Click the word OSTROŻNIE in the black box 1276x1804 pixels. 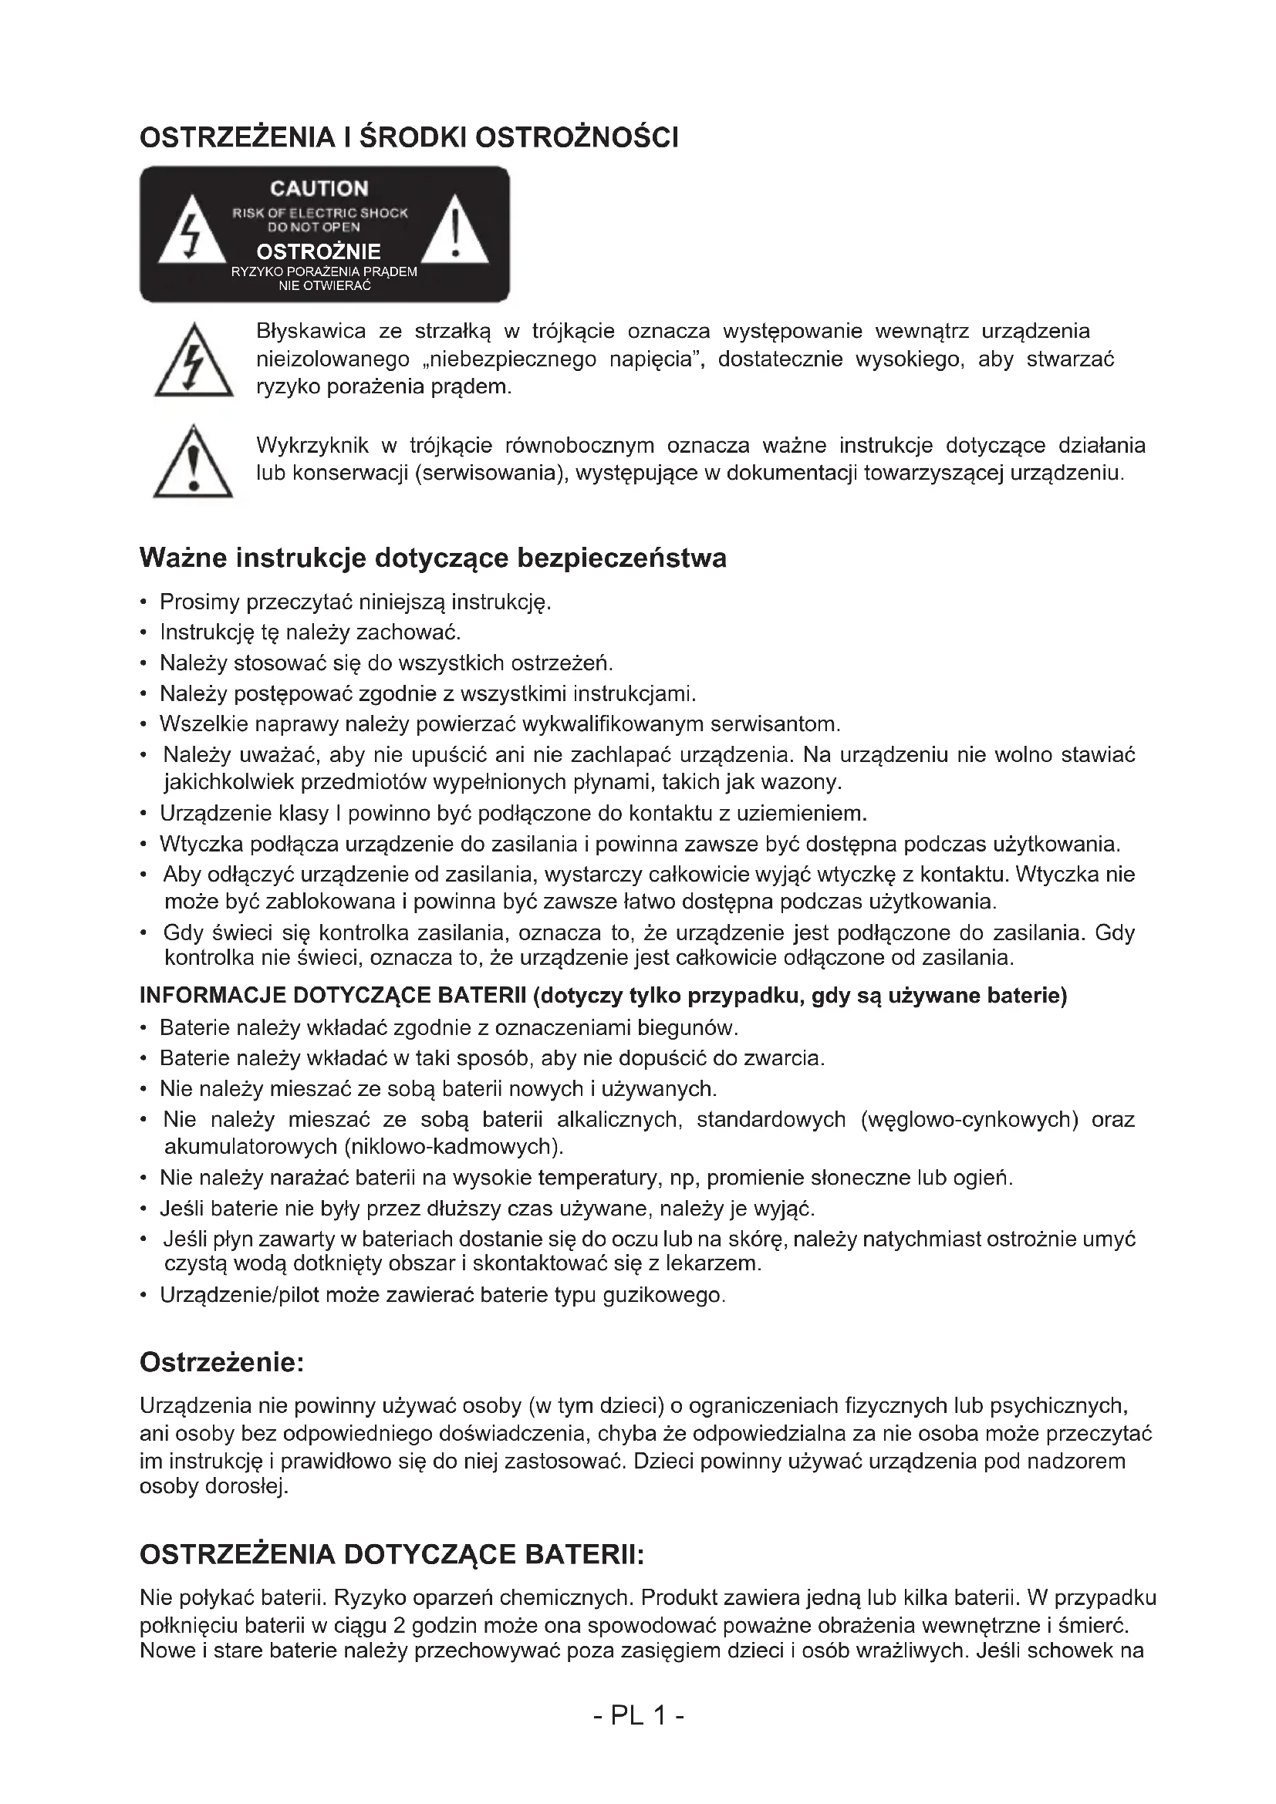click(x=319, y=252)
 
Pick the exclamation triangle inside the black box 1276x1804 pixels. click(x=455, y=233)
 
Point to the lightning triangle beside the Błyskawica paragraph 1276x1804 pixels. click(x=194, y=364)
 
